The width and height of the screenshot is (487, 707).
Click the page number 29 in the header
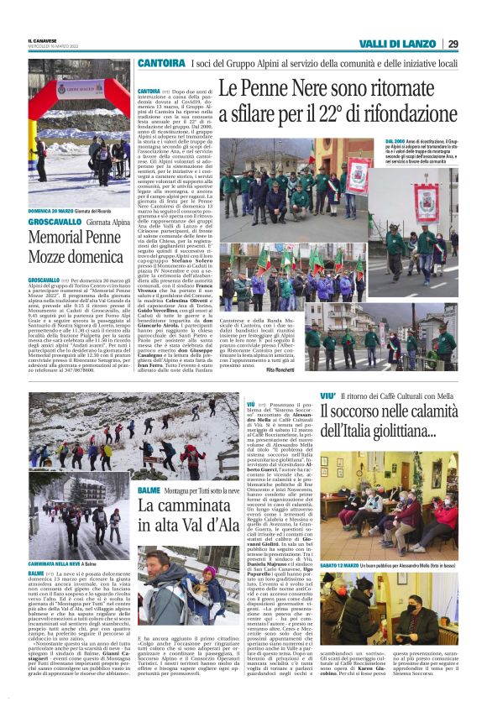point(453,44)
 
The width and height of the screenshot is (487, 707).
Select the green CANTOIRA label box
point(161,63)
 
